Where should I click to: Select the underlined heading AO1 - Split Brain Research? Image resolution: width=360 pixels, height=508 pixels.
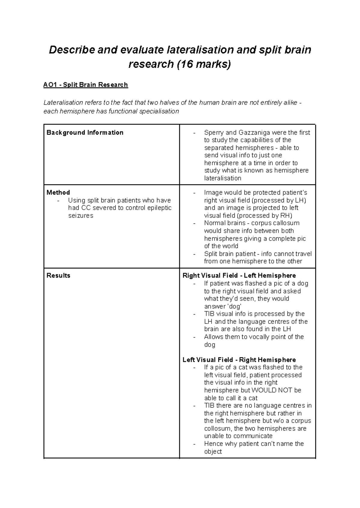pos(85,85)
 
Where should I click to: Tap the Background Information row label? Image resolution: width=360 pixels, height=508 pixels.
pos(85,133)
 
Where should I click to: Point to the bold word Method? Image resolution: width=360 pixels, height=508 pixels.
pos(58,193)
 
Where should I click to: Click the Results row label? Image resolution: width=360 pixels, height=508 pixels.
pos(58,276)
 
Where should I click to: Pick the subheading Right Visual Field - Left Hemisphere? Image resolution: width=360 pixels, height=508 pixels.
pos(239,276)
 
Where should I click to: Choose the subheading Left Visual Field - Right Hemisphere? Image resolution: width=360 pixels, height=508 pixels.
pos(239,360)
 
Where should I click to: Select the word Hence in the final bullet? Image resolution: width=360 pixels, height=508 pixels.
pos(213,444)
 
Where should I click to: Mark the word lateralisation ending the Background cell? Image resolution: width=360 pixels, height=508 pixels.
pos(223,178)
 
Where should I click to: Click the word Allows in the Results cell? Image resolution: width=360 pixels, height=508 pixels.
pos(213,337)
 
